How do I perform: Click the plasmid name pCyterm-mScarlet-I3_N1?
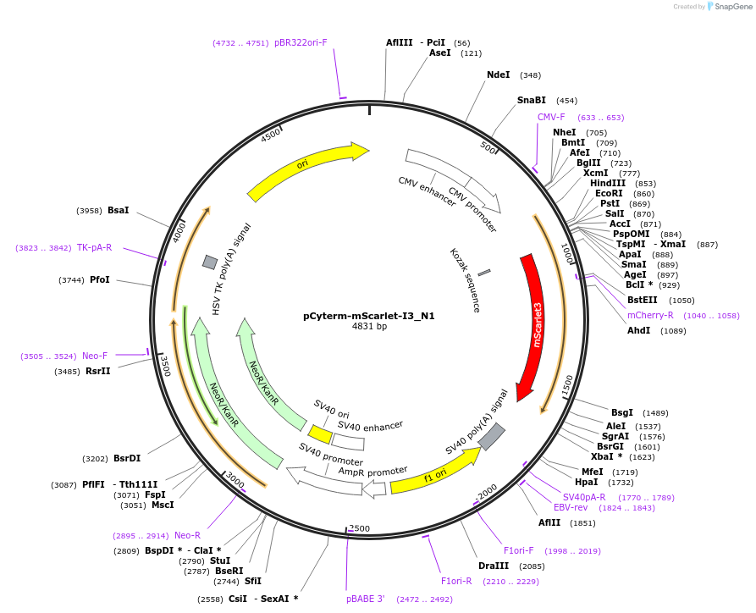click(369, 316)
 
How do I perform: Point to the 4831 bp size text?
click(369, 327)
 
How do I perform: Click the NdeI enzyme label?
click(498, 75)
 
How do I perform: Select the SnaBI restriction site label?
click(531, 100)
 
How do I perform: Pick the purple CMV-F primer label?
click(551, 118)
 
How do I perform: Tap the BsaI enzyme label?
click(119, 210)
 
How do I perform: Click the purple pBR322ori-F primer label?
click(301, 42)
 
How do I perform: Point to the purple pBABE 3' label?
click(365, 599)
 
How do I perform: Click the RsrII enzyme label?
click(98, 371)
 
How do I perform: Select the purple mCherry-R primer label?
click(650, 315)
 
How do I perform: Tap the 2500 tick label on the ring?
click(359, 528)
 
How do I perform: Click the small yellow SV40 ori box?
click(320, 434)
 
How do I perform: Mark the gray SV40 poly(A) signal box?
click(491, 437)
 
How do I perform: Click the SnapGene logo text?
click(733, 6)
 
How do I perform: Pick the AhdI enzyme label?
click(638, 330)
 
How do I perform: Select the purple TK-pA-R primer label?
click(94, 248)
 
